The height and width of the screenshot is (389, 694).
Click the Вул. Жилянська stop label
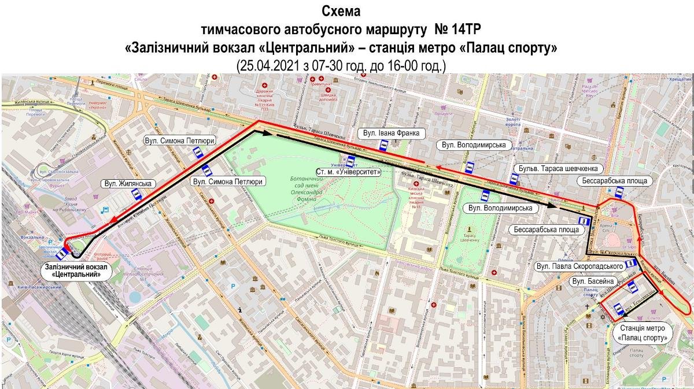pyautogui.click(x=128, y=184)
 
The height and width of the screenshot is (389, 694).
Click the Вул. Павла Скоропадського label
pyautogui.click(x=579, y=266)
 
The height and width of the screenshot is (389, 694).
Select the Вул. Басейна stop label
pyautogui.click(x=592, y=281)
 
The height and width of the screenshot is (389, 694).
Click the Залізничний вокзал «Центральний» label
pyautogui.click(x=78, y=271)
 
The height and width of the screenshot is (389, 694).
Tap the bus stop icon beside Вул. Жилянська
pyautogui.click(x=137, y=195)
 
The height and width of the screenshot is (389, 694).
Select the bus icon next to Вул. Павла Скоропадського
pyautogui.click(x=632, y=265)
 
